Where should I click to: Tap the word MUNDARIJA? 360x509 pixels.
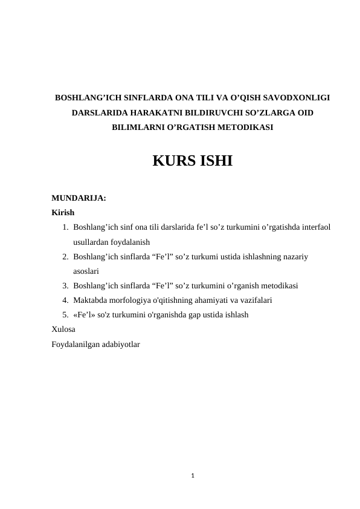pyautogui.click(x=79, y=198)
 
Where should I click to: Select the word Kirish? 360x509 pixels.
pyautogui.click(x=63, y=213)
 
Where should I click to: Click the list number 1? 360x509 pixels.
pyautogui.click(x=64, y=227)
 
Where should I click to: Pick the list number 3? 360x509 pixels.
pyautogui.click(x=64, y=286)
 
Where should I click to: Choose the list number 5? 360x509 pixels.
pyautogui.click(x=64, y=315)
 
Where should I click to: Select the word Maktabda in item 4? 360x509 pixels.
pyautogui.click(x=89, y=300)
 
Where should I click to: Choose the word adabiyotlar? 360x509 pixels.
pyautogui.click(x=120, y=345)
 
